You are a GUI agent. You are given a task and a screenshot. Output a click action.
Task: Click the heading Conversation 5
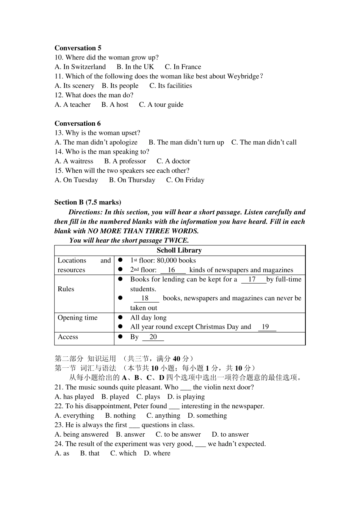point(78,48)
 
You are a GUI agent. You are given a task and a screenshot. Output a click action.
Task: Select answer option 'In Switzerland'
point(84,67)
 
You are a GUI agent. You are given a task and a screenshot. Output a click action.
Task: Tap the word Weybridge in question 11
point(243,77)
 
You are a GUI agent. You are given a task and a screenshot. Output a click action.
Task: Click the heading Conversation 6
point(78,123)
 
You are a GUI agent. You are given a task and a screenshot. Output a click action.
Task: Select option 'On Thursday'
point(136,180)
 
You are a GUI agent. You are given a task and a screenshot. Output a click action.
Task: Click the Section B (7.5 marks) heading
point(88,202)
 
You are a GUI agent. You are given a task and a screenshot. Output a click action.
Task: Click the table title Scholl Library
point(179,250)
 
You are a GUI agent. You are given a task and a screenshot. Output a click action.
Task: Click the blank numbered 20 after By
point(153,337)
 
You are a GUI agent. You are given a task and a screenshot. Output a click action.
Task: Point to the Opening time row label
point(77,318)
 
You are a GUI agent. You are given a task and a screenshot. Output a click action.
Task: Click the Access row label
point(68,337)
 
